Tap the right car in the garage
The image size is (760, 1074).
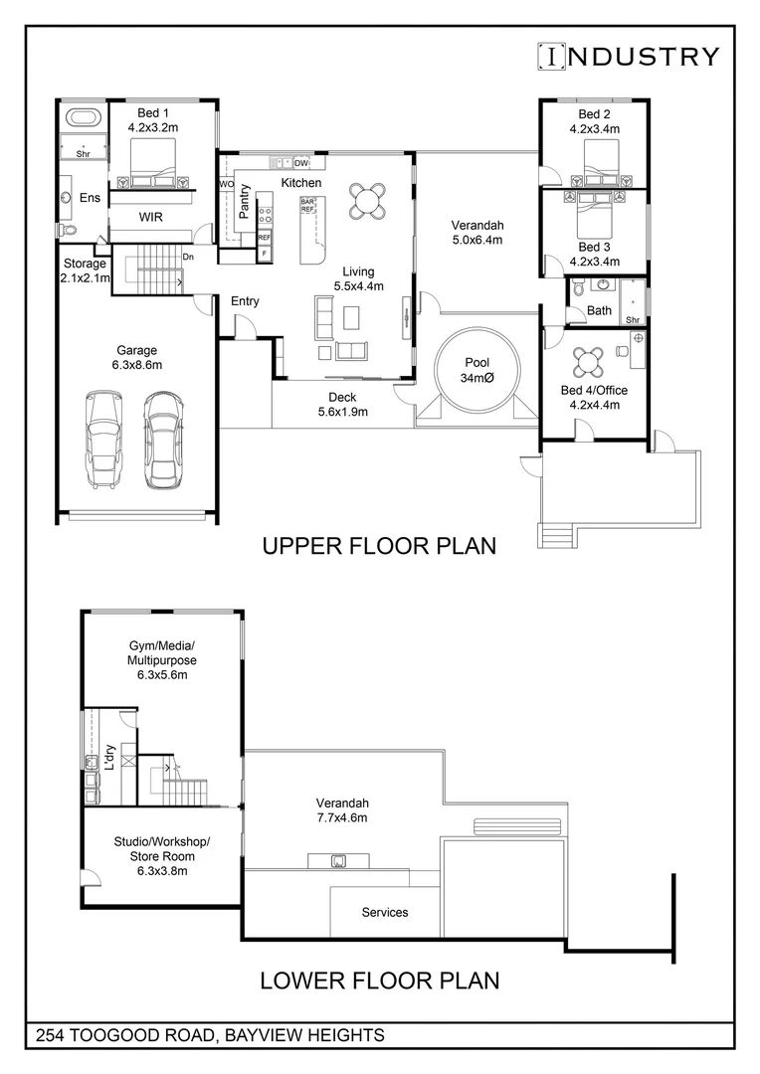162,440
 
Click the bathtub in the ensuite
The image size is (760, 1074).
85,117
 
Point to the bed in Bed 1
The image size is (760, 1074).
153,162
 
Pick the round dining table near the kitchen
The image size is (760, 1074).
367,201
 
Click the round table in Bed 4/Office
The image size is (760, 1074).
589,362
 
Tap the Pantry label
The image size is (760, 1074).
244,201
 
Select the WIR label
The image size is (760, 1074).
151,217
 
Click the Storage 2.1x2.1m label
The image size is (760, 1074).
86,270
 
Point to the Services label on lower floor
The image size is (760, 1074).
384,912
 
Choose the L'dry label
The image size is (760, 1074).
109,758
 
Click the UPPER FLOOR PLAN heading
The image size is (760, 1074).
380,546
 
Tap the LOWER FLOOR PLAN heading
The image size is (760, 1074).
380,981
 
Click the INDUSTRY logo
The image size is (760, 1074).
629,56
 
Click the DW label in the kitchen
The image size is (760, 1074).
301,163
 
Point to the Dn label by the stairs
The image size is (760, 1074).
188,257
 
